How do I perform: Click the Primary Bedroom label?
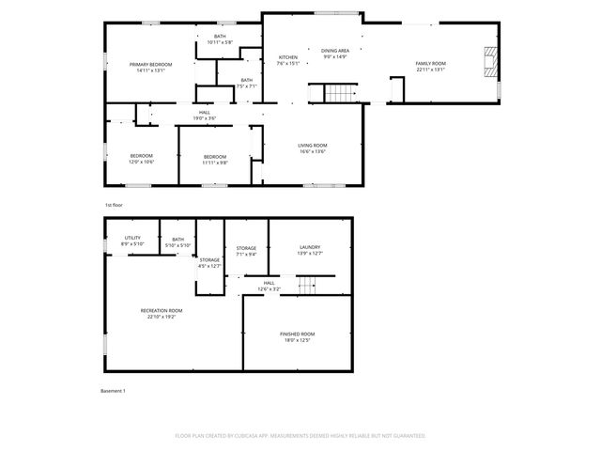pos(150,64)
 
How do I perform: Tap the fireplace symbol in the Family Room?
pos(487,63)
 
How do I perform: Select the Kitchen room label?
pos(288,57)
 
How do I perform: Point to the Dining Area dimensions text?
pos(335,57)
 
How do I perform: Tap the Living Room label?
pos(313,145)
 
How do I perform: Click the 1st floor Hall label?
pos(204,114)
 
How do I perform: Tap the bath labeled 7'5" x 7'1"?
pos(246,81)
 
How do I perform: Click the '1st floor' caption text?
pos(114,204)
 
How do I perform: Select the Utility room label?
pos(132,238)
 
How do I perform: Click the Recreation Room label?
pos(162,310)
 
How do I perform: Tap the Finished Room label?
pos(297,334)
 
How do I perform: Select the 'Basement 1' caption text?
pos(113,390)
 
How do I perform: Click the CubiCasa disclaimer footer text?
pos(300,435)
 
